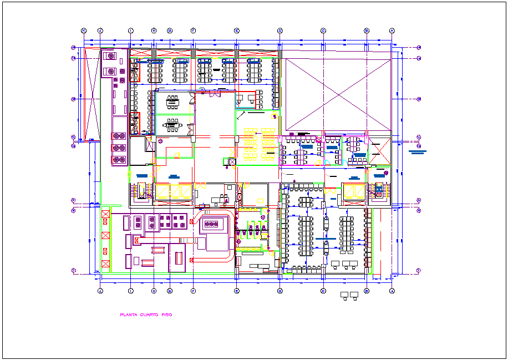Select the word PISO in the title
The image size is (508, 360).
167,315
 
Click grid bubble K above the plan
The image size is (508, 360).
84,31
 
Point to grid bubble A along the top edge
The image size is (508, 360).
392,31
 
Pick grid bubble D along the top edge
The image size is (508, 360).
280,31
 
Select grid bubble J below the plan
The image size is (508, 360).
100,291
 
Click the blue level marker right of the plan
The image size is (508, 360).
417,151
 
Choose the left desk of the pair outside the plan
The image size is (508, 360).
344,294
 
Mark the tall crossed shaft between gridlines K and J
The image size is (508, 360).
90,93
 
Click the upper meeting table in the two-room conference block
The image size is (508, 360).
173,101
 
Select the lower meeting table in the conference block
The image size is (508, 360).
173,125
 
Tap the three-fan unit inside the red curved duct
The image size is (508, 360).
212,224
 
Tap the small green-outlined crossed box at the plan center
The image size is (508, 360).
232,161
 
